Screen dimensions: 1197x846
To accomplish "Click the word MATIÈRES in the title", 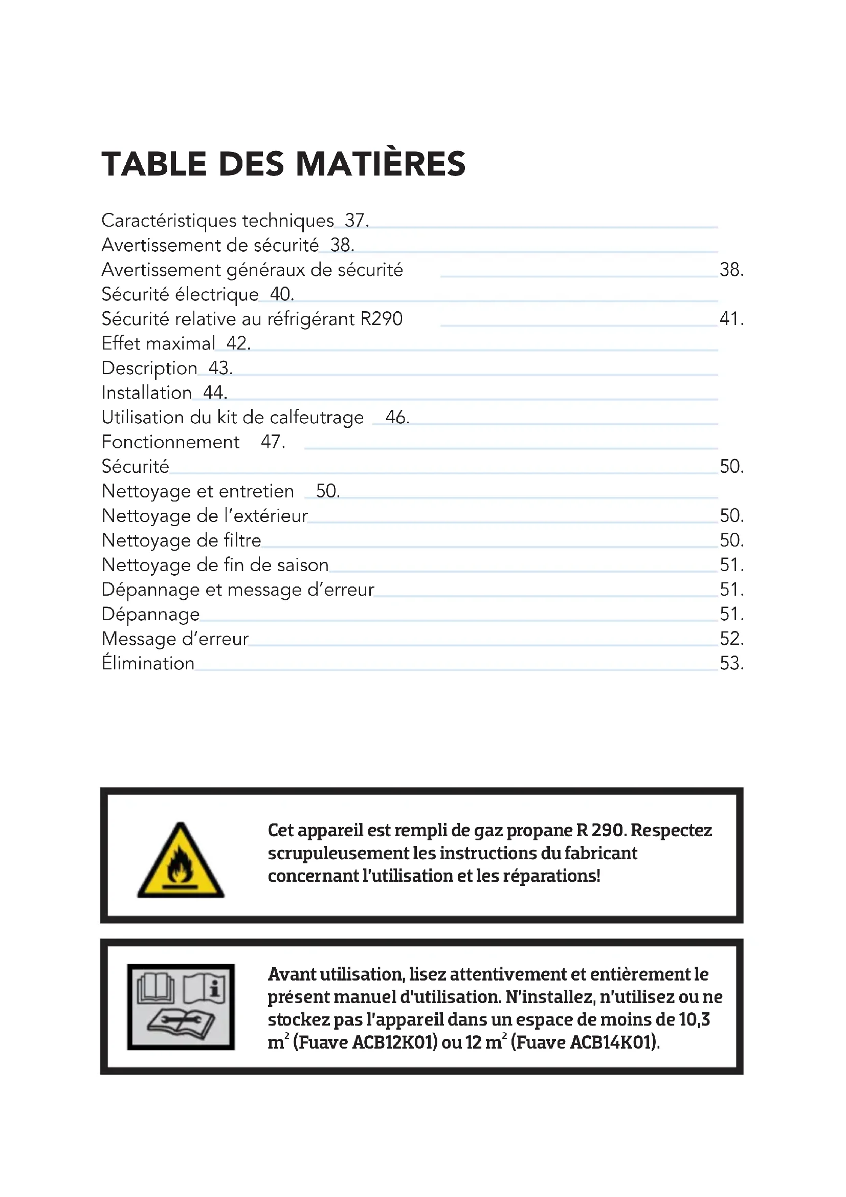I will click(381, 164).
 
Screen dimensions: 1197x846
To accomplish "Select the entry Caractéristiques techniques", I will click(217, 221).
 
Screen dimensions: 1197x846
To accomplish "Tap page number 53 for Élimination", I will click(731, 664).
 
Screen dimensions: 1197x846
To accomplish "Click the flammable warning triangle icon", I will click(181, 861).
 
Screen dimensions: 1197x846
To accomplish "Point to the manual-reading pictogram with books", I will click(181, 1007).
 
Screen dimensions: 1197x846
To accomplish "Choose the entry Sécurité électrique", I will click(180, 295).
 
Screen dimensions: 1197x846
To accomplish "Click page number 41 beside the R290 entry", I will click(731, 319).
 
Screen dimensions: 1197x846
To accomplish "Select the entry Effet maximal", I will click(158, 344).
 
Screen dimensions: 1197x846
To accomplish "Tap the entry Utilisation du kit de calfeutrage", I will click(232, 418).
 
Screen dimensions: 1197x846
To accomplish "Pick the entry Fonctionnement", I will click(170, 443).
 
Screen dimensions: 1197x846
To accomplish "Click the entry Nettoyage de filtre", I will click(181, 540).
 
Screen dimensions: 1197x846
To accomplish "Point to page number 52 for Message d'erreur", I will click(731, 639).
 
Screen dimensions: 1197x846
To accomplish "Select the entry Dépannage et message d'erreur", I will click(237, 590).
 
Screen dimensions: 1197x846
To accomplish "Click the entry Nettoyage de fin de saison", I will click(215, 565).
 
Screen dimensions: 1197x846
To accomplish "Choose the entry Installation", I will click(146, 393).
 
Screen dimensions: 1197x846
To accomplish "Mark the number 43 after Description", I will click(220, 368).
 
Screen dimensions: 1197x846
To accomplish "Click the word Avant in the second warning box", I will click(291, 974).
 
